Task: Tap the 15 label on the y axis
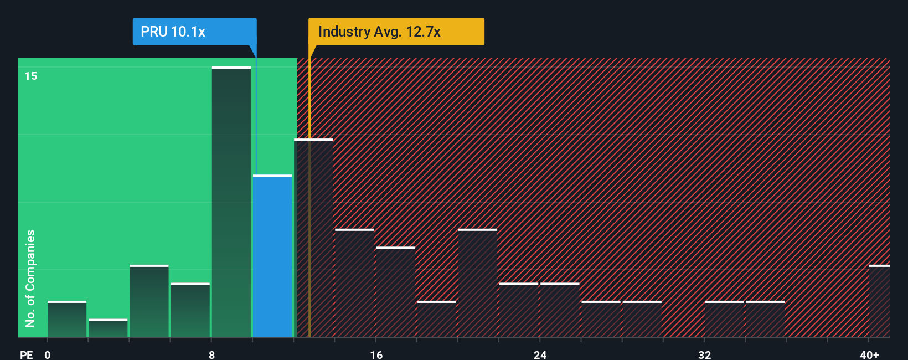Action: [x=31, y=76]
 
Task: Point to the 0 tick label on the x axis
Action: [x=48, y=354]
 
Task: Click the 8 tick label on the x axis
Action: [x=212, y=354]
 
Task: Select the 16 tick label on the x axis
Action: [x=376, y=354]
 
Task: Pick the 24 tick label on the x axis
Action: [x=540, y=354]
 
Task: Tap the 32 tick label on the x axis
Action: [x=704, y=354]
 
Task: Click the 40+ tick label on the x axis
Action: [x=869, y=354]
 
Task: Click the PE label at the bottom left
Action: [x=26, y=354]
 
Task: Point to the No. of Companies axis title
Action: [x=30, y=278]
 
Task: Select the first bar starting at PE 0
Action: [x=67, y=320]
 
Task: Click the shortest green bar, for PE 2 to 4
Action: [x=108, y=328]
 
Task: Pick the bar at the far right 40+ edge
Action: [x=879, y=301]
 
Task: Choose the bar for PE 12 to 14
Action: [x=313, y=238]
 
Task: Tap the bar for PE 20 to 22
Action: [x=478, y=283]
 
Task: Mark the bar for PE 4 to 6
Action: [x=149, y=301]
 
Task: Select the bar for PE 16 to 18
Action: [x=395, y=292]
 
